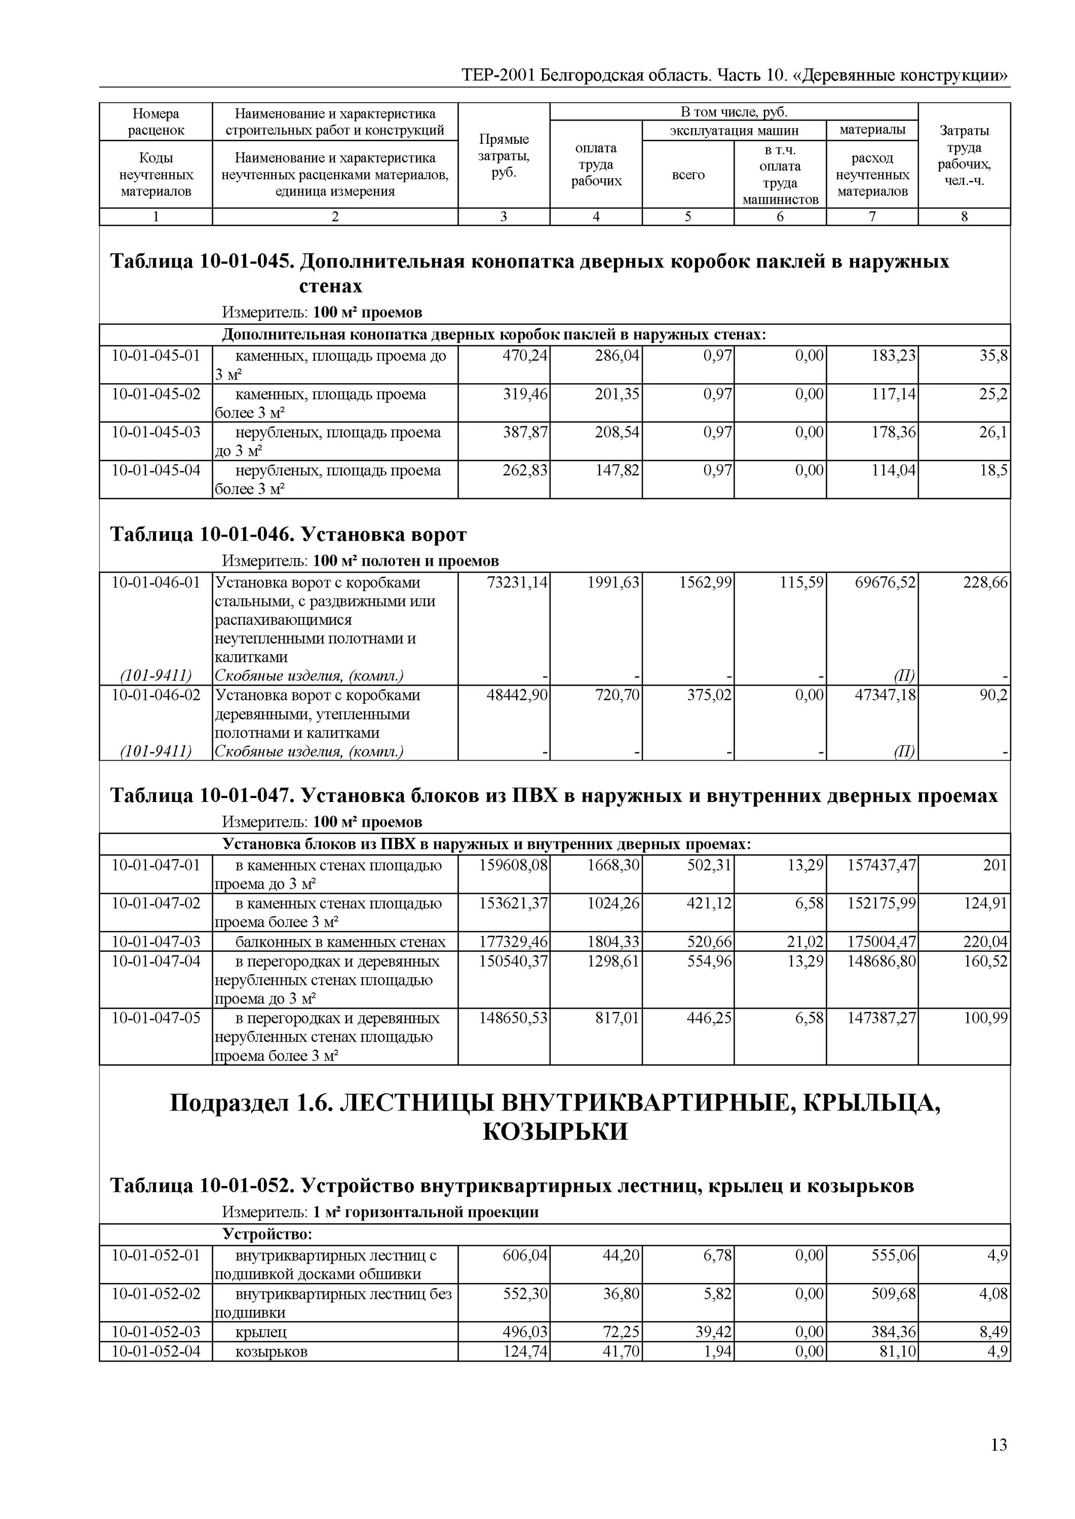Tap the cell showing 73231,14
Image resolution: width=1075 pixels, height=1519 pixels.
(514, 583)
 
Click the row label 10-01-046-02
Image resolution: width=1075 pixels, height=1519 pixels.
(156, 695)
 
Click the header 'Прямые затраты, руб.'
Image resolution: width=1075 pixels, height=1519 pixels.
(504, 156)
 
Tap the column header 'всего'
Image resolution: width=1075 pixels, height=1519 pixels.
(688, 175)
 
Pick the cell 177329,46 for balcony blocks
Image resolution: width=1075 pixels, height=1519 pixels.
(514, 941)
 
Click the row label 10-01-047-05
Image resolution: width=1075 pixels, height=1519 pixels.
(156, 1018)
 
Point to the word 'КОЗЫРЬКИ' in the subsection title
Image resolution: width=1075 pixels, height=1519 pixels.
(555, 1132)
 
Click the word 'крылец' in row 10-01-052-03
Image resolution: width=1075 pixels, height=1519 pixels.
(261, 1332)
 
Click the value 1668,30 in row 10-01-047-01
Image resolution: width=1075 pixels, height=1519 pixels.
(613, 865)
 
